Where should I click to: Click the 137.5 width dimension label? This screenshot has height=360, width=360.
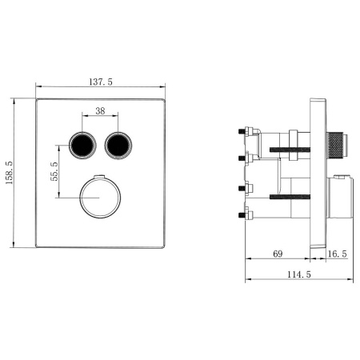click(x=101, y=82)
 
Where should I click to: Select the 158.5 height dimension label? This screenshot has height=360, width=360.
click(x=9, y=173)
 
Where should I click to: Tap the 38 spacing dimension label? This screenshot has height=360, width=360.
click(x=100, y=110)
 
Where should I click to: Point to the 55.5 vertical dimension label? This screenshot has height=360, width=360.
click(x=54, y=171)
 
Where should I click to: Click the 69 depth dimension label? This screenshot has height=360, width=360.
click(x=278, y=254)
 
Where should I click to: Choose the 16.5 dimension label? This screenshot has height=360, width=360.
click(x=338, y=254)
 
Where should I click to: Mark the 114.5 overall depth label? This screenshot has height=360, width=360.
click(x=299, y=274)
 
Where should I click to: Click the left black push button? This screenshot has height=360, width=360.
click(x=82, y=146)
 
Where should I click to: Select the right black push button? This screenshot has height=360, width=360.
click(x=118, y=146)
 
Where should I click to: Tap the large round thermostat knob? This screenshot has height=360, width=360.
click(x=100, y=198)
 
